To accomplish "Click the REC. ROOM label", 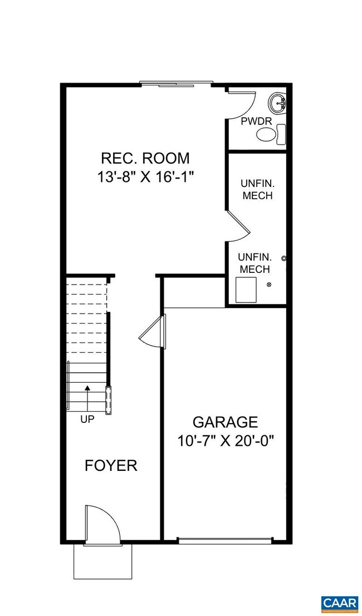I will click(145, 158).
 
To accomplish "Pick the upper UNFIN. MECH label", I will click(257, 189).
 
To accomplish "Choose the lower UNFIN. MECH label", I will click(254, 263).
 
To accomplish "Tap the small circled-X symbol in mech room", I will click(270, 285).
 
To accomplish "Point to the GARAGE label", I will click(225, 422).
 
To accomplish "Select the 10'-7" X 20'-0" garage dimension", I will click(226, 441).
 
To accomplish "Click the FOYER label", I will click(111, 465).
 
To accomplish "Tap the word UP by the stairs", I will click(87, 419).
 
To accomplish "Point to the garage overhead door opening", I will click(225, 540).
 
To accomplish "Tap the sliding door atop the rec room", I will click(175, 85).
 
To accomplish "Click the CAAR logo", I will click(339, 603).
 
